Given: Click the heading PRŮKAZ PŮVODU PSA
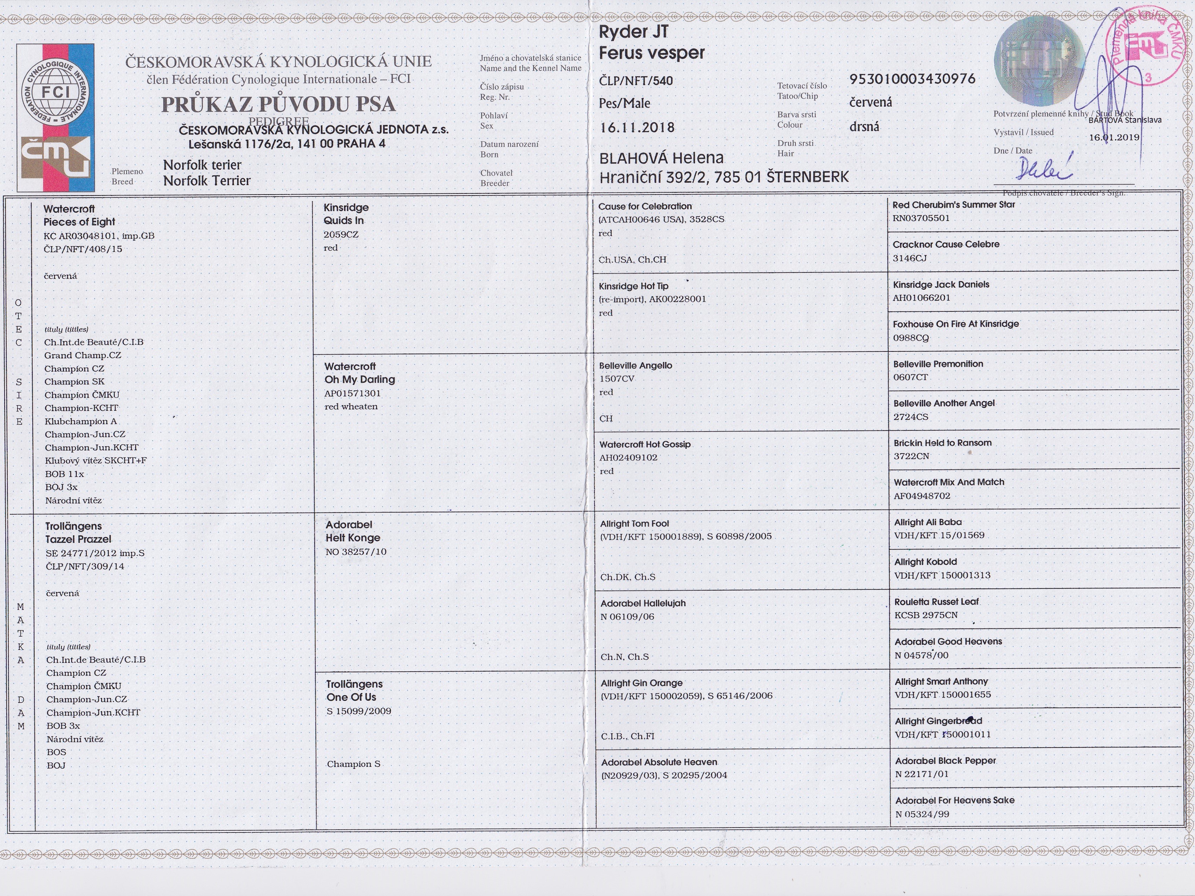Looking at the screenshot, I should pyautogui.click(x=278, y=104).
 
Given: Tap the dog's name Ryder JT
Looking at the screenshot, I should pyautogui.click(x=633, y=32).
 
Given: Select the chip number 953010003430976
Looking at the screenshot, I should pyautogui.click(x=912, y=79).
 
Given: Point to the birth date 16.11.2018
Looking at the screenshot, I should pyautogui.click(x=637, y=127).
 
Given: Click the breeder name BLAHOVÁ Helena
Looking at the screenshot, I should pyautogui.click(x=661, y=158).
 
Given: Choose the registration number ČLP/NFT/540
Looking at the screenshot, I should pyautogui.click(x=636, y=81).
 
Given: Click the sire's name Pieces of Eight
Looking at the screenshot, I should pyautogui.click(x=79, y=222).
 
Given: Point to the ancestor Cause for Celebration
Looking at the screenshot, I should pyautogui.click(x=644, y=206).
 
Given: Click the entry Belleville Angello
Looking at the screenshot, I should pyautogui.click(x=635, y=365).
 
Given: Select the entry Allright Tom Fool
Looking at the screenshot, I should pyautogui.click(x=634, y=523).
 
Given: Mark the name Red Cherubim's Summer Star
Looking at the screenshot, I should pyautogui.click(x=953, y=205).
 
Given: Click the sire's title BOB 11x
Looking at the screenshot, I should pyautogui.click(x=64, y=474).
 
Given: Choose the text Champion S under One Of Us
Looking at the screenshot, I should pyautogui.click(x=353, y=764).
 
